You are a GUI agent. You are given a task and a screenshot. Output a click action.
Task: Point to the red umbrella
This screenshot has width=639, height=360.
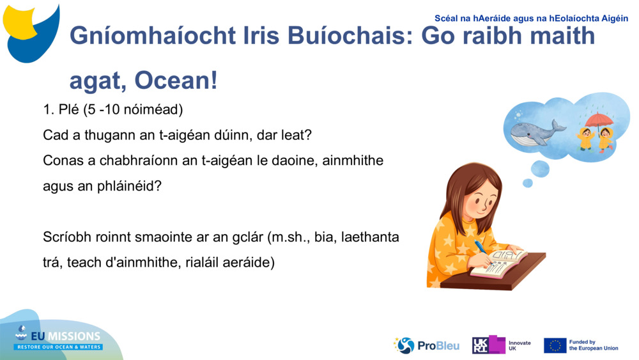click(x=599, y=120)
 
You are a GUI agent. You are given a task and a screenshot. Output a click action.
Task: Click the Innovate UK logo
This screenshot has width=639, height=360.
click(x=502, y=345)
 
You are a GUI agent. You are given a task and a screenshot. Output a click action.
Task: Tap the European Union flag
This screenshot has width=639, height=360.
click(x=555, y=345)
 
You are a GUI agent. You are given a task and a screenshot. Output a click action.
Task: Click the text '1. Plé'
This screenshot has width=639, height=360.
click(x=61, y=109)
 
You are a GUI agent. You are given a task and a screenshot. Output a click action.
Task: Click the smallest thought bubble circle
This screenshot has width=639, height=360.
click(x=527, y=183)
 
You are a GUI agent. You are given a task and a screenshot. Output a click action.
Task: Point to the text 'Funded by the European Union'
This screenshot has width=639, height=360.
click(x=594, y=345)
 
